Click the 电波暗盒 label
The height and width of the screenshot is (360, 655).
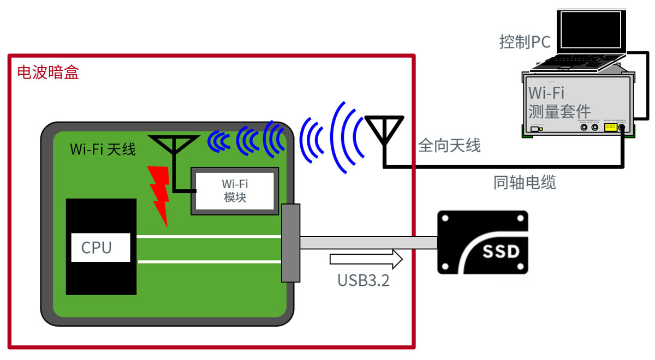point(48,73)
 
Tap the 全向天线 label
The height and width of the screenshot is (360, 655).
point(449,145)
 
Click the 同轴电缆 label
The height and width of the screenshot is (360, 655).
point(524,183)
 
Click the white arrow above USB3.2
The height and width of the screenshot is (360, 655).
point(366,259)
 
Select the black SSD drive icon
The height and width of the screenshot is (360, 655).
point(483,242)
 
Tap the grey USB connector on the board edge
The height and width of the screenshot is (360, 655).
point(290,243)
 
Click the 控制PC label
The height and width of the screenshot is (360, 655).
point(525,42)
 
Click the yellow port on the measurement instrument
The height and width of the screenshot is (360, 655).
point(610,128)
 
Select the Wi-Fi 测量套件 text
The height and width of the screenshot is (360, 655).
point(559,101)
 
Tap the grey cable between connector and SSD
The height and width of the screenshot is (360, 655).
point(368,243)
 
